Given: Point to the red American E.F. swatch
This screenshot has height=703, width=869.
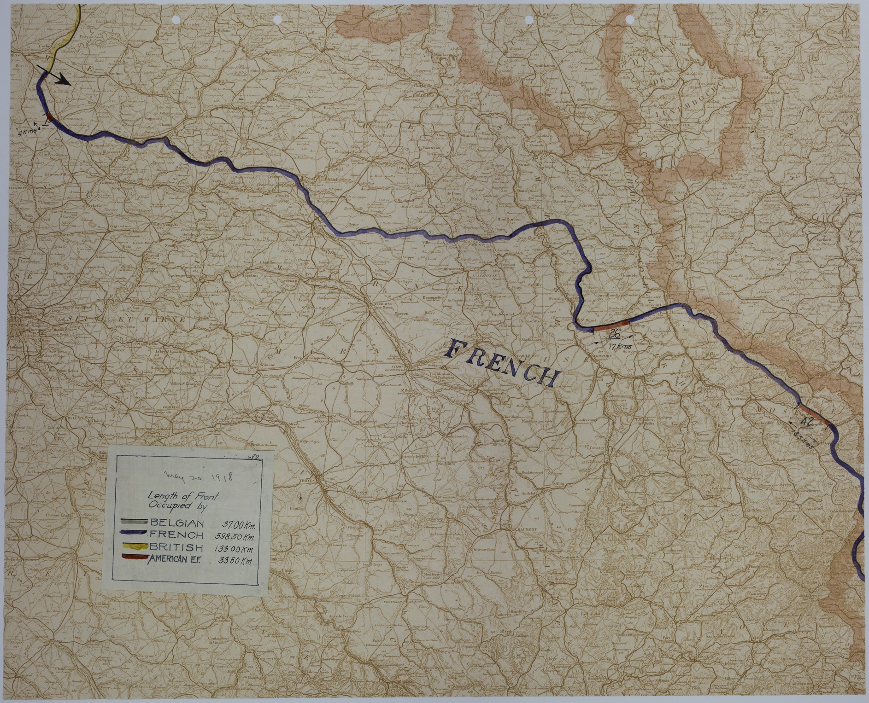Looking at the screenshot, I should pos(133,558).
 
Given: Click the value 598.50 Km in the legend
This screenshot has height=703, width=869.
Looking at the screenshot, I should pos(235,536).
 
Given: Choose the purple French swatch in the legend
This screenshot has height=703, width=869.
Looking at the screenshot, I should pos(133,535).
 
